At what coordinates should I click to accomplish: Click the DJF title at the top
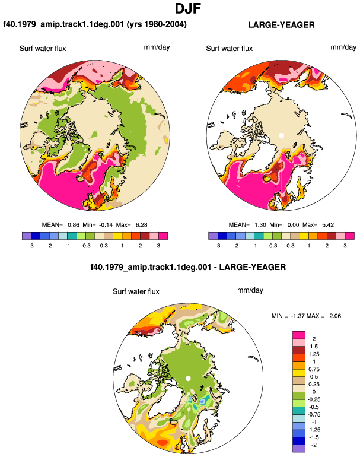(188, 8)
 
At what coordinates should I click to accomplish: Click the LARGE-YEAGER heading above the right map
(281, 25)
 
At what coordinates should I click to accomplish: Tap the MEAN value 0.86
(74, 225)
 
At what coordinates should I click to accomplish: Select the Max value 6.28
(141, 225)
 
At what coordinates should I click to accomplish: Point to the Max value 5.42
(328, 225)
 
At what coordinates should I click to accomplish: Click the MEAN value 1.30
(260, 225)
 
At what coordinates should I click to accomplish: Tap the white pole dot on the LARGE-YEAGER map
(281, 135)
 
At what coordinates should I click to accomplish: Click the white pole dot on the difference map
(188, 379)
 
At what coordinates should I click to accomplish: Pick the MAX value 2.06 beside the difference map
(335, 316)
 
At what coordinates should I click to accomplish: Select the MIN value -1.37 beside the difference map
(297, 316)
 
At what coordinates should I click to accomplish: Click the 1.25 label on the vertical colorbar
(314, 354)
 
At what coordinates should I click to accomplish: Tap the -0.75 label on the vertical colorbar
(314, 414)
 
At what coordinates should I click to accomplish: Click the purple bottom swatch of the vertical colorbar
(299, 449)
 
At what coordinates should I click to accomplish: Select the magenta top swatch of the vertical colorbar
(299, 335)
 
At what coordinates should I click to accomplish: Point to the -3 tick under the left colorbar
(31, 246)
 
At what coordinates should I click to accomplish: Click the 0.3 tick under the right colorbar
(291, 246)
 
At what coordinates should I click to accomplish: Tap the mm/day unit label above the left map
(157, 47)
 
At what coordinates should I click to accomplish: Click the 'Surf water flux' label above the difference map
(136, 291)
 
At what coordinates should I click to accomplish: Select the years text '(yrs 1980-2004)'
(157, 24)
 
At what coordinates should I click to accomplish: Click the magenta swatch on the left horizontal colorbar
(163, 236)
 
